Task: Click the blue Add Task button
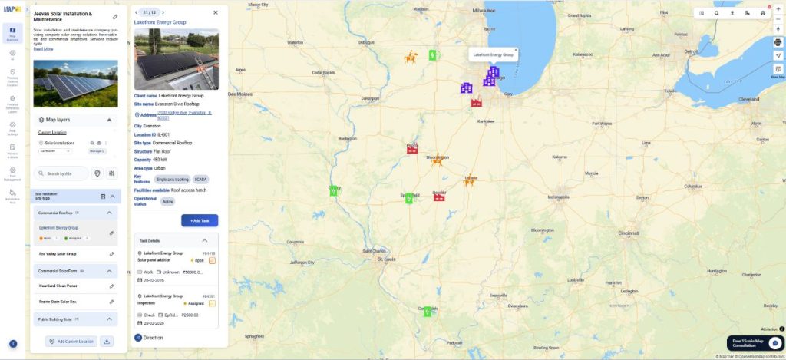click(x=200, y=220)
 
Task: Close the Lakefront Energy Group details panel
click(x=215, y=12)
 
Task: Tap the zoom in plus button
click(x=778, y=8)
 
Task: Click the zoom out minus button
click(x=778, y=18)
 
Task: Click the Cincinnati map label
click(x=629, y=232)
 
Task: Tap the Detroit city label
click(x=689, y=51)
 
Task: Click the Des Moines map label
click(x=240, y=94)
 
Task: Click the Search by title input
click(x=61, y=173)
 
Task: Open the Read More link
click(x=43, y=49)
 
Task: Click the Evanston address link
click(x=183, y=114)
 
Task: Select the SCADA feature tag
click(x=201, y=179)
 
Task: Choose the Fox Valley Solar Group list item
click(x=58, y=253)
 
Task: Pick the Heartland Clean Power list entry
click(x=58, y=286)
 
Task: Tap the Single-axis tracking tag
click(x=171, y=179)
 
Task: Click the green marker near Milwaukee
click(x=433, y=55)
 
